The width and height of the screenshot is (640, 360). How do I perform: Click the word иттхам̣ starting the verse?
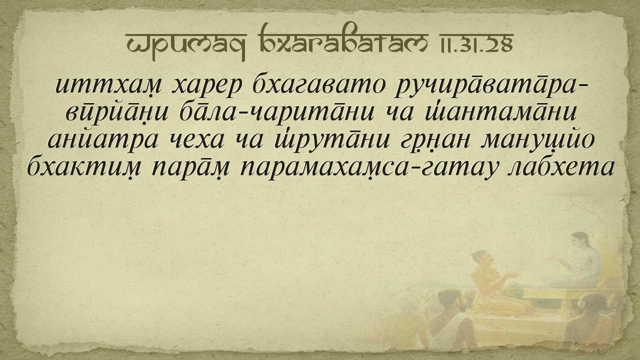point(109,85)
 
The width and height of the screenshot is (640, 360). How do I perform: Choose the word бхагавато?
point(317,84)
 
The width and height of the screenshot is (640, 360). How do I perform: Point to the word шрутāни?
point(331,140)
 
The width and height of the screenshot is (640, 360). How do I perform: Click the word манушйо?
point(537,140)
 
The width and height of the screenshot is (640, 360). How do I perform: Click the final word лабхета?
point(560,167)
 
